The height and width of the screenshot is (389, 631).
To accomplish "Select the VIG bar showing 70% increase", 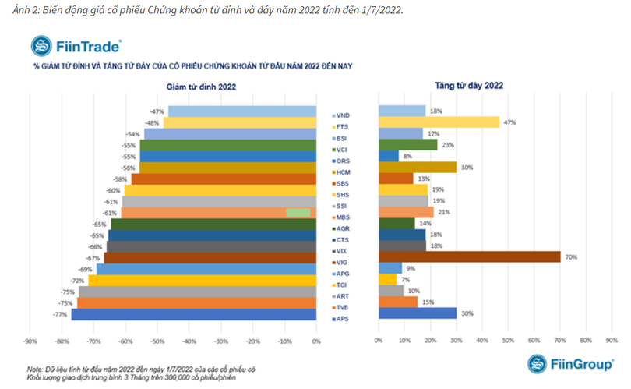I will coord(469,257).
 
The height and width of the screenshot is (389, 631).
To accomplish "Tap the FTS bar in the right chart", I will coord(439,122).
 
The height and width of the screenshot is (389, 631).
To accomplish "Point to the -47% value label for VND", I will coord(157,111).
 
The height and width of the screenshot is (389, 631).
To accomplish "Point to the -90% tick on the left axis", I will coord(30,341).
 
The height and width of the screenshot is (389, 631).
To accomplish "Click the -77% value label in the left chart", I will coord(59,314).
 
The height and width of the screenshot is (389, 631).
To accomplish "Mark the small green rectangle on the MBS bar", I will coord(298,212).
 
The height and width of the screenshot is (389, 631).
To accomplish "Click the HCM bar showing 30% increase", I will coord(417,167).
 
